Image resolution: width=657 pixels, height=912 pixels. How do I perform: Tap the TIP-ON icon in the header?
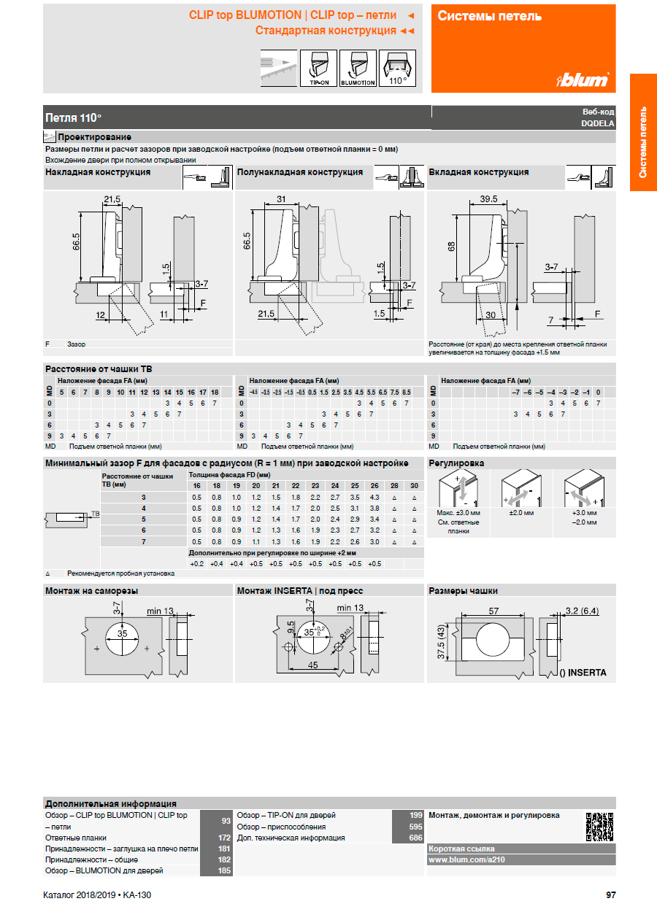point(319,68)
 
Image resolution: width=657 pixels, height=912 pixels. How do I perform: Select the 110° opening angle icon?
point(397,68)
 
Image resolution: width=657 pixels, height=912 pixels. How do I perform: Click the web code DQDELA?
point(597,123)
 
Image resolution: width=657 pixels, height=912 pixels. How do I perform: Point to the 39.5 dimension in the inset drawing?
point(488,199)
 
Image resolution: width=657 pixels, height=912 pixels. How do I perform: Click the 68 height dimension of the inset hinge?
point(452,247)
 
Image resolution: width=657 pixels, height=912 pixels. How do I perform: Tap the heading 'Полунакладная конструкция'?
point(300,172)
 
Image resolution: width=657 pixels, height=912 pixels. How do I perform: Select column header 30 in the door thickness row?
point(414,485)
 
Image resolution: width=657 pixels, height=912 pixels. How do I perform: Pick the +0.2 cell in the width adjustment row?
point(196,564)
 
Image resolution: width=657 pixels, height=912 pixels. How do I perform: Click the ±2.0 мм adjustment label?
point(521,513)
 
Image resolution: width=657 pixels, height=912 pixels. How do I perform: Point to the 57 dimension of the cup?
point(493,610)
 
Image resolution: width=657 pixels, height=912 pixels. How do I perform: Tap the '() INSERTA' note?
point(583,673)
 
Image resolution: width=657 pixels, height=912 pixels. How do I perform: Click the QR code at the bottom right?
point(599,827)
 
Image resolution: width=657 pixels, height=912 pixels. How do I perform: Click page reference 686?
point(415,838)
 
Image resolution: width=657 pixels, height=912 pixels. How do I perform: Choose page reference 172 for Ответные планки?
point(224,838)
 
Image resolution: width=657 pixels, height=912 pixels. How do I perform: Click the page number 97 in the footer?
point(611,895)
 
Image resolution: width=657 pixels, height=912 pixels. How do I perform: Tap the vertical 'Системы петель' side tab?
point(643,142)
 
